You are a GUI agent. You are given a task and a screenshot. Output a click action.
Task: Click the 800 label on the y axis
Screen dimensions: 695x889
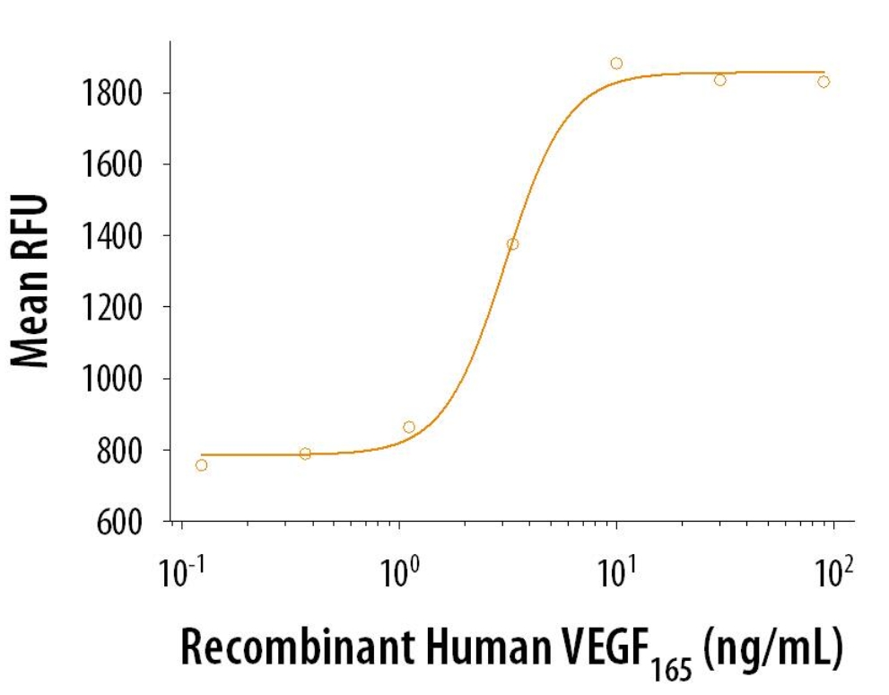(x=120, y=450)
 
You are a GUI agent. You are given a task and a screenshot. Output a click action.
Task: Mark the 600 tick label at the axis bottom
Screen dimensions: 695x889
(x=120, y=522)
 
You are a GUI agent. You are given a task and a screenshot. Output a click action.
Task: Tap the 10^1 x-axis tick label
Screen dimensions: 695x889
(x=616, y=570)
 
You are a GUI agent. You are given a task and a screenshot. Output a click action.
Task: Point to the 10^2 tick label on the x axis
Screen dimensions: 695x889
(x=833, y=570)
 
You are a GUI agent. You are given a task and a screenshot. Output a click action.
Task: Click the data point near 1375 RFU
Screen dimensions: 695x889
(x=512, y=244)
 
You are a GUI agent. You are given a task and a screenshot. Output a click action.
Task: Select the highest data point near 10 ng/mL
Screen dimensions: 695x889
(x=616, y=64)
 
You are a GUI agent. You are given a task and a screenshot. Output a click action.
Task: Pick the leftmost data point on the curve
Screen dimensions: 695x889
(x=201, y=465)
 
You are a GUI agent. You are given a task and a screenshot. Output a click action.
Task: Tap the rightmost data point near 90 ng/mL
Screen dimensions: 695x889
(x=824, y=82)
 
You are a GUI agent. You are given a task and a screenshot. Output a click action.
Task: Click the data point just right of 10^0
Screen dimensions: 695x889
(x=409, y=427)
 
